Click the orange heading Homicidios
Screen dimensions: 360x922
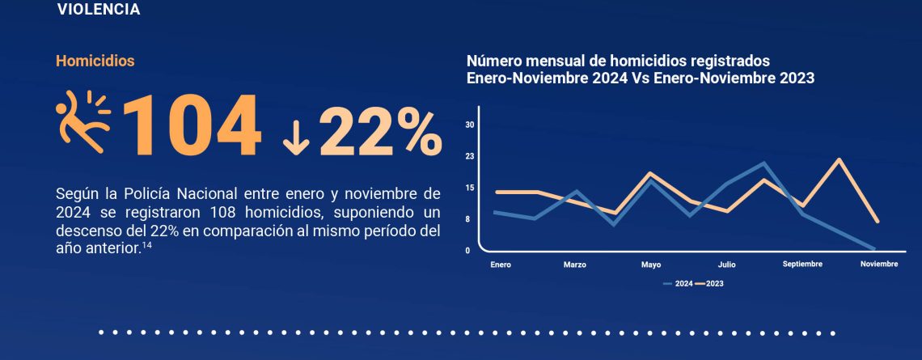tap(95, 61)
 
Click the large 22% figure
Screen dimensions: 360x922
tap(380, 129)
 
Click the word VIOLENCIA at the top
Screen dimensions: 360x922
tap(99, 10)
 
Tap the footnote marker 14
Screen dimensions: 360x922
tap(147, 247)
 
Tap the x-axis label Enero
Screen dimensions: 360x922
tap(501, 265)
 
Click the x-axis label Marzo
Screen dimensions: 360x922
tap(575, 265)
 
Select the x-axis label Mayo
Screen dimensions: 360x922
tap(651, 265)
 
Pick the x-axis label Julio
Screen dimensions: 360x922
tap(726, 265)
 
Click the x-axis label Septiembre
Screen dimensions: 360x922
tap(802, 265)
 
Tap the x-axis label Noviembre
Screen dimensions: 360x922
tap(878, 265)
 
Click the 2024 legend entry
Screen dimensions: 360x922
tap(678, 284)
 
